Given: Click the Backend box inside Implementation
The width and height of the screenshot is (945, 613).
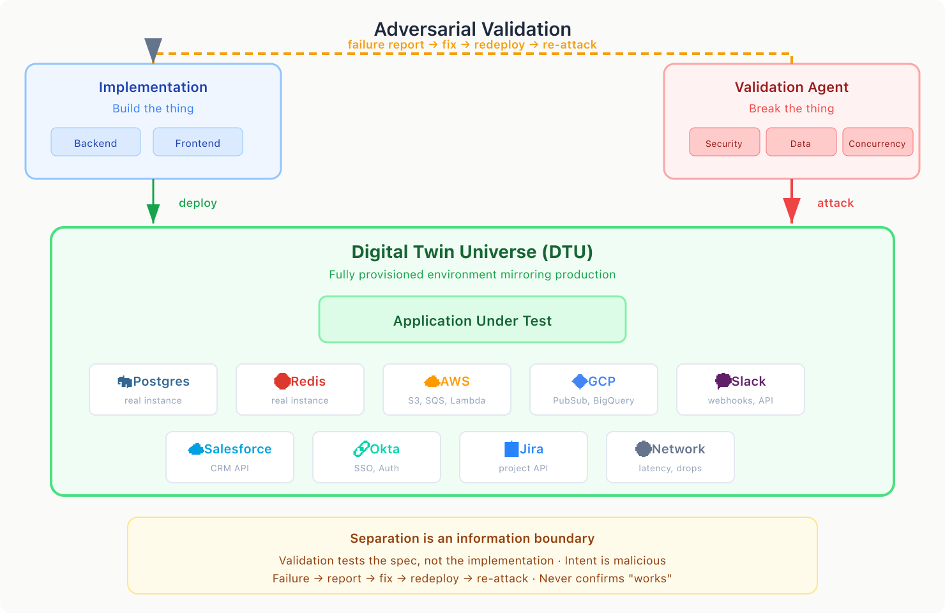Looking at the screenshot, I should [x=96, y=142].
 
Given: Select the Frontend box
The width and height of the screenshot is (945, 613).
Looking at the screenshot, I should [x=198, y=142].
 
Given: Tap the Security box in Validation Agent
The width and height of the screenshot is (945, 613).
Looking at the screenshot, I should [x=724, y=142].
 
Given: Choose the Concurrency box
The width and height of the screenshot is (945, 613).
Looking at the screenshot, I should [x=877, y=142].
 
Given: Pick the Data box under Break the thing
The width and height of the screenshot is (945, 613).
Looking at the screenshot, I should [x=801, y=142].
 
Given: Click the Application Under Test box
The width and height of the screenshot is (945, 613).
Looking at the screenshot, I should [x=472, y=320].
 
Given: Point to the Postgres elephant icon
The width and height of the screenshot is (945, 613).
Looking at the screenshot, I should [x=125, y=381].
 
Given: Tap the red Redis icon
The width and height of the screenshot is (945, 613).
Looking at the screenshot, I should [x=282, y=381].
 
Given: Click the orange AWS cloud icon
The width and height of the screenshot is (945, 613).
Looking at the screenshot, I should [x=432, y=381].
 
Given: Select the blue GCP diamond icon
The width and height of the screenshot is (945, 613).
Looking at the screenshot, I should [x=580, y=381].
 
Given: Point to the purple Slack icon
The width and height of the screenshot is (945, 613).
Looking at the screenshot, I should [x=723, y=381].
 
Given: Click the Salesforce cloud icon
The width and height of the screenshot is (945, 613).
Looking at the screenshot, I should [x=195, y=449].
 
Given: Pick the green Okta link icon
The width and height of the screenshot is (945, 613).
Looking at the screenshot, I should [x=361, y=449].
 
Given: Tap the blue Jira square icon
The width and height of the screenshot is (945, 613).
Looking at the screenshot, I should [x=511, y=449].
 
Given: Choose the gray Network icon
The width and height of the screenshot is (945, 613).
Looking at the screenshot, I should [x=643, y=449].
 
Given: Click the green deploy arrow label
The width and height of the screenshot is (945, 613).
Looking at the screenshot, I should [x=198, y=203].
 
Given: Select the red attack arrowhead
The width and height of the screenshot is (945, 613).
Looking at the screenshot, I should [x=792, y=209].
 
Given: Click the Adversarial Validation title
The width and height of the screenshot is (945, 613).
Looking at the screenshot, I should [x=472, y=29].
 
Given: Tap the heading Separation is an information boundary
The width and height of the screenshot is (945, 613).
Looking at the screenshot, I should [x=472, y=538].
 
